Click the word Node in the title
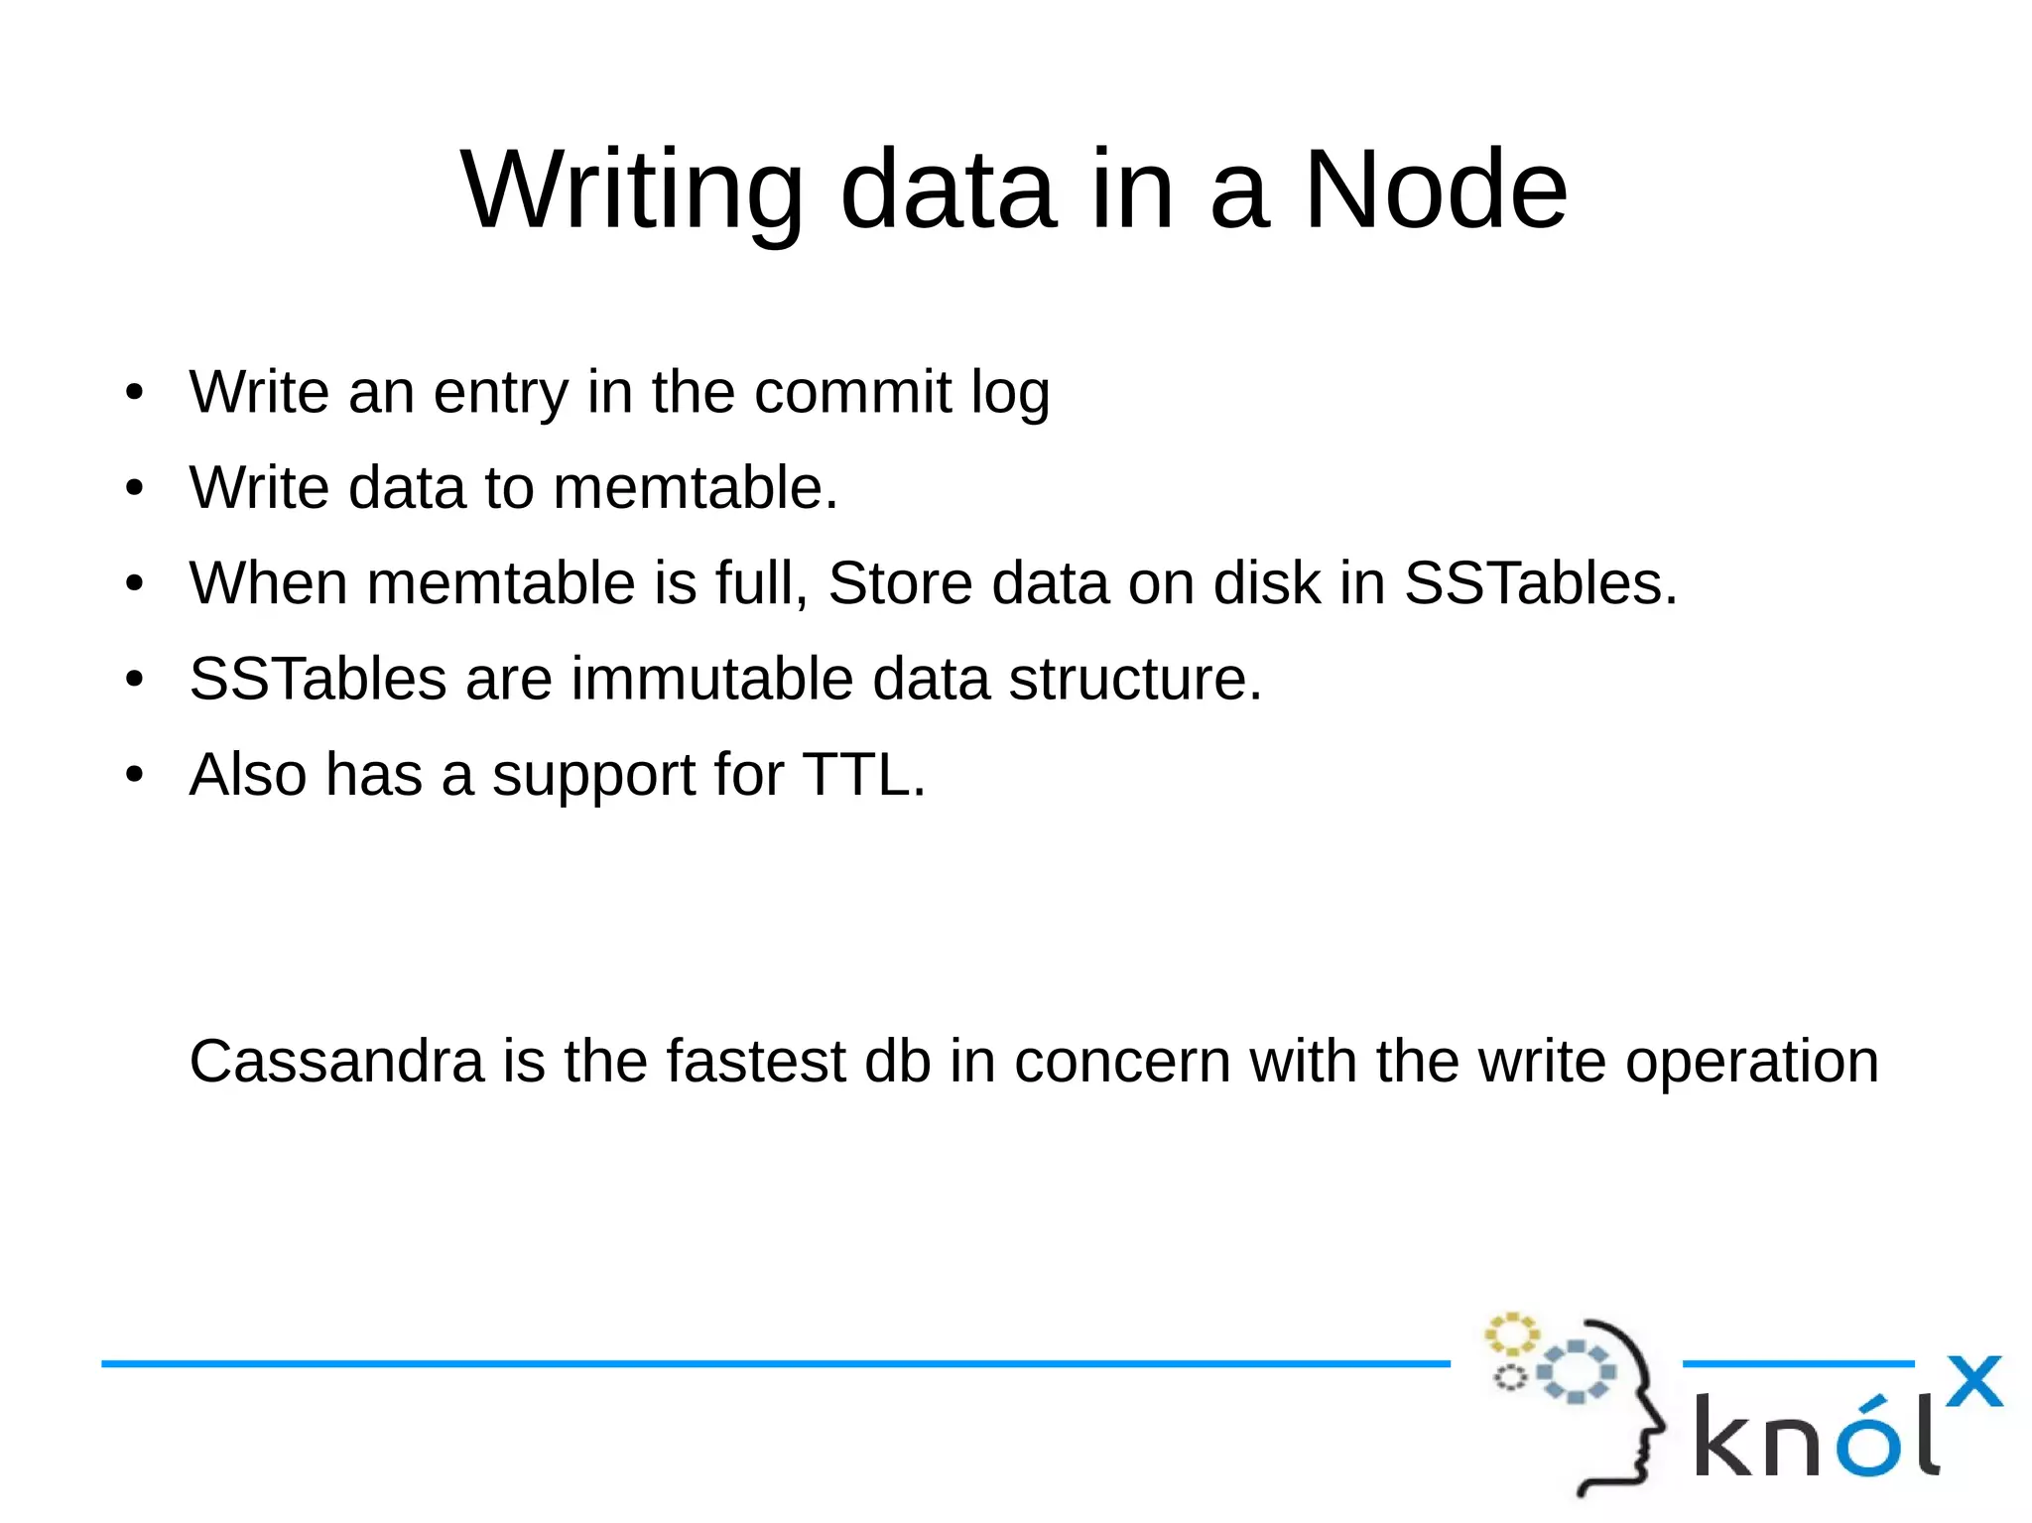[x=1435, y=190]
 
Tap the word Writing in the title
[x=632, y=190]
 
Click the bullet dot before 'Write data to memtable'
[x=135, y=488]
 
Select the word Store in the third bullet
[x=900, y=582]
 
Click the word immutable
[x=711, y=679]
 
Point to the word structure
[x=1134, y=679]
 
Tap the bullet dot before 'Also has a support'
[x=135, y=775]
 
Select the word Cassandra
[x=336, y=1061]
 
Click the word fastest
[x=755, y=1061]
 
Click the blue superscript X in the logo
[x=1973, y=1381]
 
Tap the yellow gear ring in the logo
[x=1511, y=1334]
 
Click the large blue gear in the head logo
[x=1577, y=1371]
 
